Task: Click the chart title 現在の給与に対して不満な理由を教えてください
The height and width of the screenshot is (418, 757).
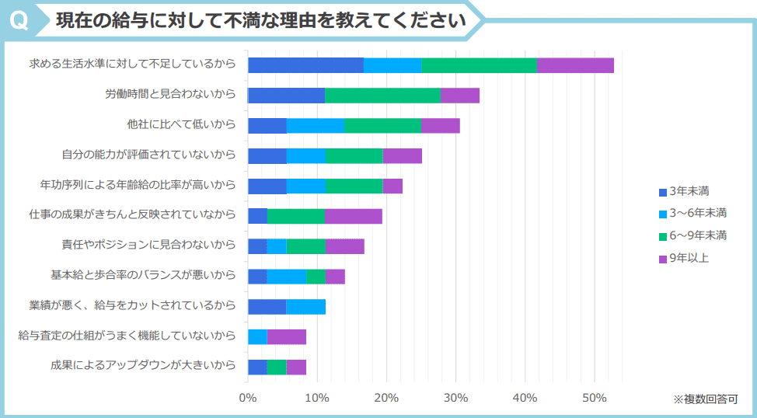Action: tap(261, 20)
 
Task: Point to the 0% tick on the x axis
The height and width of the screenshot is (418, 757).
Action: tap(248, 398)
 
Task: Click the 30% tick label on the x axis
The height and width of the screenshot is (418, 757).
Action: tap(456, 398)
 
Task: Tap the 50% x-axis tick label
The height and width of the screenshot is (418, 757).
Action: tap(595, 398)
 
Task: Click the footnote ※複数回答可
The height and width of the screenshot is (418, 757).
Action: tap(705, 399)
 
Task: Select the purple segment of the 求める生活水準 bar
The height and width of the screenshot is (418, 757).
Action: tap(575, 65)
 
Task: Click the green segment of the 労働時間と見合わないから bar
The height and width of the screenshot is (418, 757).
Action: tap(382, 96)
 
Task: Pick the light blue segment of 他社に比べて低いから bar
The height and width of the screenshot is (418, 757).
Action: tap(316, 126)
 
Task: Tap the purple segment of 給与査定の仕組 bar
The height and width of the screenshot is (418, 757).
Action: tap(286, 336)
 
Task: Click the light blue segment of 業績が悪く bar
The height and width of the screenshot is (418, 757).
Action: tap(305, 306)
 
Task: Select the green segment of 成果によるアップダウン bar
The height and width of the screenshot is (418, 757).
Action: tap(277, 367)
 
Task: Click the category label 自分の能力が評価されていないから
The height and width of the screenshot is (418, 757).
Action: tap(148, 155)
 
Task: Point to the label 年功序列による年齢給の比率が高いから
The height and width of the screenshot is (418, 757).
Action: tap(138, 186)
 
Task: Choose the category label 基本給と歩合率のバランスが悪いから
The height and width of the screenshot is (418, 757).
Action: tap(143, 276)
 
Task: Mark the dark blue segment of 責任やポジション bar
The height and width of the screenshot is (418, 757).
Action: tap(257, 246)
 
